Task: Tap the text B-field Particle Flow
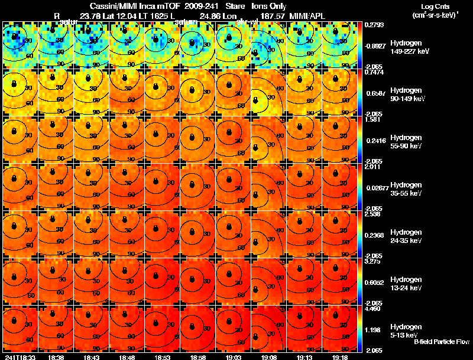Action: [441, 342]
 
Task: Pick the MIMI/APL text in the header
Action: [304, 15]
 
